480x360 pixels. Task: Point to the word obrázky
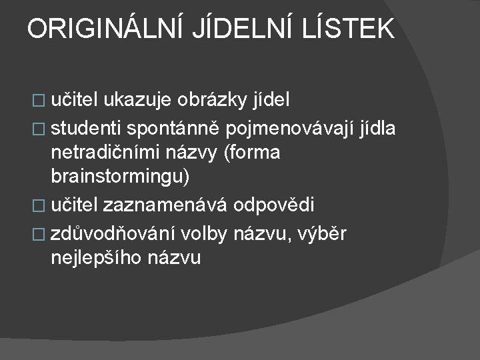(213, 101)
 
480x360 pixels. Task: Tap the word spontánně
(174, 127)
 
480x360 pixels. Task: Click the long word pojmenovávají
(287, 127)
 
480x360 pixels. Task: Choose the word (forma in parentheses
(253, 153)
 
